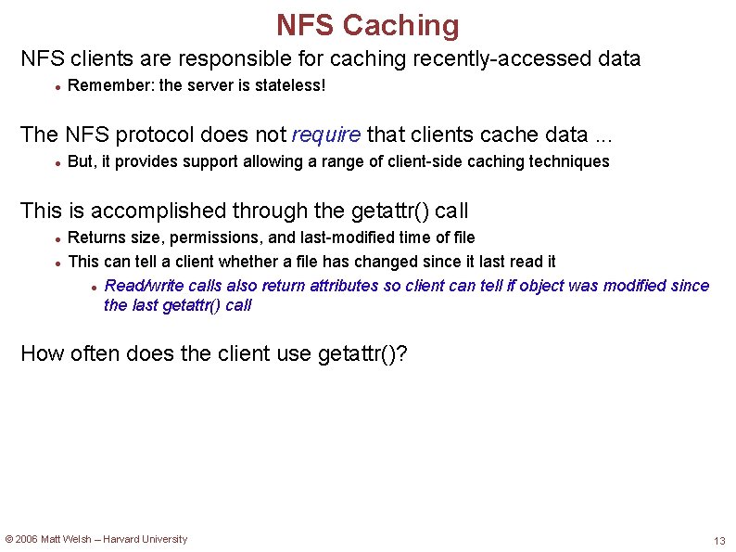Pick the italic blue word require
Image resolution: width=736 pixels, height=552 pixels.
pos(326,135)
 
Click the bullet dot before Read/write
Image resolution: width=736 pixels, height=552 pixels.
pos(95,287)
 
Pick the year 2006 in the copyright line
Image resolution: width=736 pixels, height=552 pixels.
pos(27,539)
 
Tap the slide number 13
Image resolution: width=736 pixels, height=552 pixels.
pos(719,541)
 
